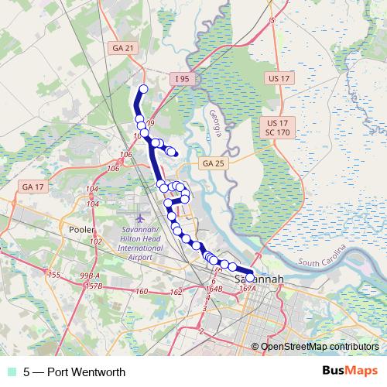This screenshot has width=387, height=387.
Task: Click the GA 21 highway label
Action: pyautogui.click(x=121, y=49)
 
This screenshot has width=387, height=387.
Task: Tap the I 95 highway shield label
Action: pyautogui.click(x=181, y=78)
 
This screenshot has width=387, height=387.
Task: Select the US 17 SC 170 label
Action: pyautogui.click(x=277, y=128)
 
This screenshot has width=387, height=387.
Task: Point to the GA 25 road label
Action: pyautogui.click(x=211, y=163)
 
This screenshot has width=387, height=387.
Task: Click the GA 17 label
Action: pyautogui.click(x=33, y=187)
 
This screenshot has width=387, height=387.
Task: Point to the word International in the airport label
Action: pyautogui.click(x=142, y=248)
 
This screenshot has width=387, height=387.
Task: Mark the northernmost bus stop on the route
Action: pyautogui.click(x=143, y=89)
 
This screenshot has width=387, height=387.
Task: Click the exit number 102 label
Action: pyautogui.click(x=96, y=242)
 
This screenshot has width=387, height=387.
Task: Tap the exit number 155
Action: pyautogui.click(x=53, y=275)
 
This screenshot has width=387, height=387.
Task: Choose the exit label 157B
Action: pyautogui.click(x=94, y=286)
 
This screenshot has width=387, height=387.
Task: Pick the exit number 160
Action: pyautogui.click(x=142, y=291)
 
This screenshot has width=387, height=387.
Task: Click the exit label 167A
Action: pyautogui.click(x=248, y=289)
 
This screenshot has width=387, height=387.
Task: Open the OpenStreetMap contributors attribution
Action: pyautogui.click(x=319, y=348)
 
